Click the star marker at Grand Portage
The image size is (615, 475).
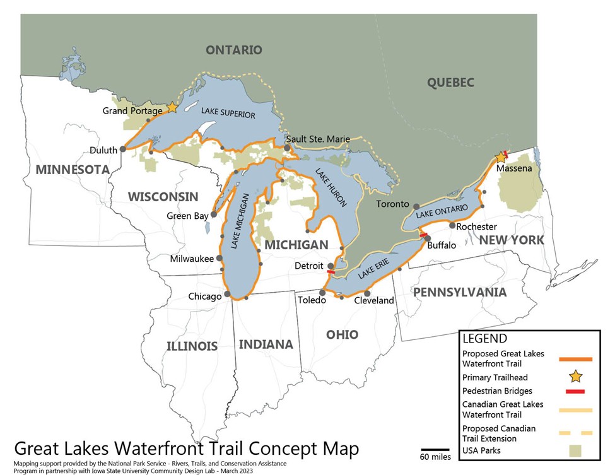pos(172,108)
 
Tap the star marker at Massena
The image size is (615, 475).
pos(501,156)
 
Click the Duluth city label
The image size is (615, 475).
pos(103,150)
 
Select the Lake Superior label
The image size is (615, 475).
pos(228,114)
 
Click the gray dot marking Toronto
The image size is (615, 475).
pos(416,206)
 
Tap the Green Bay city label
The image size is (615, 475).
pos(187,216)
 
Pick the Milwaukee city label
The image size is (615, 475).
pos(192,259)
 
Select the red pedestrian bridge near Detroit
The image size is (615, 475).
pos(331,272)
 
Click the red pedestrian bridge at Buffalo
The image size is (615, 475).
pos(423,235)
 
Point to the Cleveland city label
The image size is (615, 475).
pos(373,301)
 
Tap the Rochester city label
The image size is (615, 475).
pos(476,226)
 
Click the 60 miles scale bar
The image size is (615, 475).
pos(435,450)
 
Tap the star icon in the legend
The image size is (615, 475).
pos(575,377)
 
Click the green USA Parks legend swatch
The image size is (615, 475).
pos(575,451)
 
